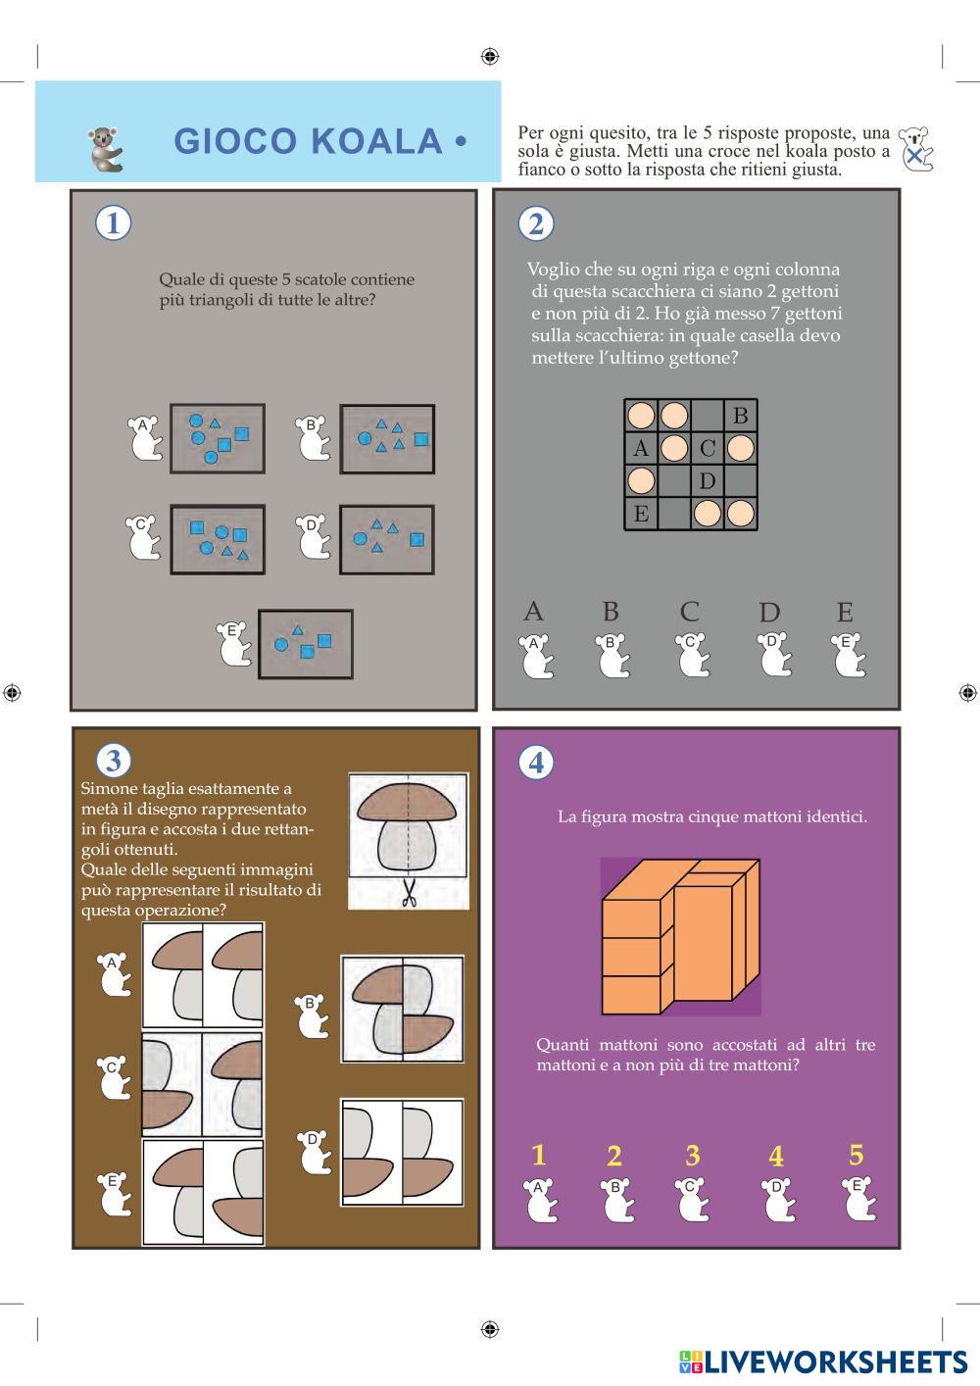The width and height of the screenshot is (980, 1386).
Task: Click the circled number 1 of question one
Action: (114, 223)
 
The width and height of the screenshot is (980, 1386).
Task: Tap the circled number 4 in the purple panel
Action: (535, 762)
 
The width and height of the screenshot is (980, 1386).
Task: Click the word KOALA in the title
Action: (376, 141)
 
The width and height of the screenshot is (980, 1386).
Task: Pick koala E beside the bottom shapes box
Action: (233, 644)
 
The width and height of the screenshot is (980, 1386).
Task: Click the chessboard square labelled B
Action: (740, 416)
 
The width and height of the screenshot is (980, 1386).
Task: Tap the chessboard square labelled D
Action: (708, 481)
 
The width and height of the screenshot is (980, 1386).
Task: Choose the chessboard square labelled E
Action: (641, 514)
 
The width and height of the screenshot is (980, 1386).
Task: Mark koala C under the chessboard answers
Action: (692, 655)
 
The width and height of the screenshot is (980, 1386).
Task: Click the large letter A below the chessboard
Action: (533, 613)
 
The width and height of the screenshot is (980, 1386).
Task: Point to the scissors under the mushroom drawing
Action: (409, 892)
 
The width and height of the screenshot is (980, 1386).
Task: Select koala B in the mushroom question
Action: (313, 1016)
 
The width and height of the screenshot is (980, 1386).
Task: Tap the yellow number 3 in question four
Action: (692, 1156)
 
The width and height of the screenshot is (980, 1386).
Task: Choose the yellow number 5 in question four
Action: (856, 1156)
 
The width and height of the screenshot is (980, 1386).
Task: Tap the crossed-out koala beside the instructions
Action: (916, 149)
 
